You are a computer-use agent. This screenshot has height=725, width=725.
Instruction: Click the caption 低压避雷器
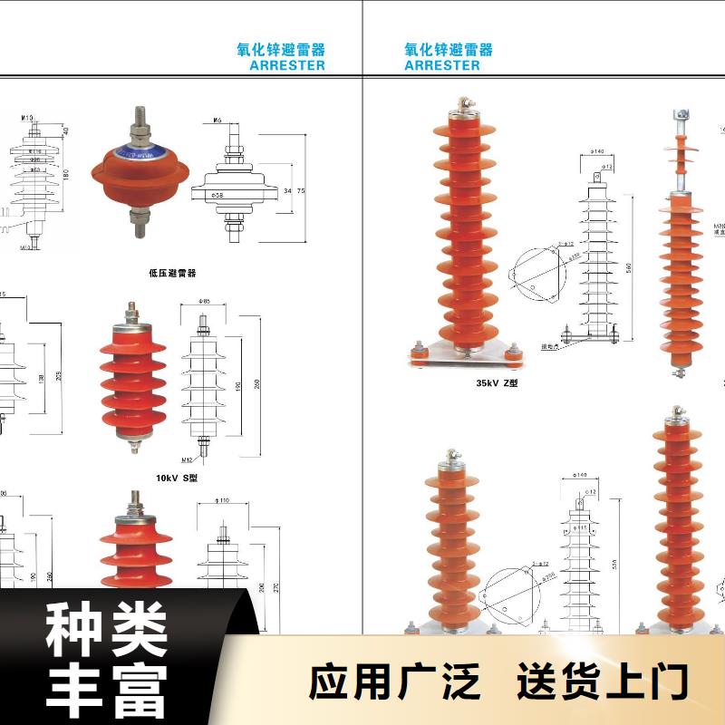pyautogui.click(x=172, y=272)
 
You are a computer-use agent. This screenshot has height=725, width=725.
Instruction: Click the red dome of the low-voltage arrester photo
pyautogui.click(x=140, y=172)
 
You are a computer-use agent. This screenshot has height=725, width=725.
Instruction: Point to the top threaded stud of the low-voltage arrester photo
pyautogui.click(x=142, y=119)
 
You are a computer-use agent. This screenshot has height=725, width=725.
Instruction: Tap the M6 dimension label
pyautogui.click(x=218, y=121)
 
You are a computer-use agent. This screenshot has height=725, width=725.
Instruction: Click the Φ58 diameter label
pyautogui.click(x=217, y=194)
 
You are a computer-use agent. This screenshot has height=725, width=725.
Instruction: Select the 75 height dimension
pyautogui.click(x=300, y=190)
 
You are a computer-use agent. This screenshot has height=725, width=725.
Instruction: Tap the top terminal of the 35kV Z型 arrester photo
pyautogui.click(x=463, y=110)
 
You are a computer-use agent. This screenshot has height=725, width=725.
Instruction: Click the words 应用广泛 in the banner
pyautogui.click(x=394, y=681)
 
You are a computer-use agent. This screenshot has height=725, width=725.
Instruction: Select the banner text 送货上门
pyautogui.click(x=603, y=681)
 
